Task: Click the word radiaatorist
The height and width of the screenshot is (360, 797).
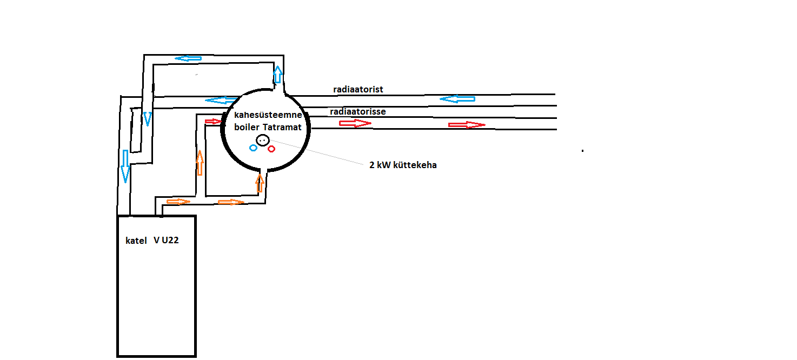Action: click(358, 89)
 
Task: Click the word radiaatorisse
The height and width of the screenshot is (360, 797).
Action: click(357, 112)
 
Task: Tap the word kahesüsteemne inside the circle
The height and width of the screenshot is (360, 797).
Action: click(268, 115)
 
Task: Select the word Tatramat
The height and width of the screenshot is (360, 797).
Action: click(282, 127)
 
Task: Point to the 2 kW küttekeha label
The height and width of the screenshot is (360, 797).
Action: click(403, 165)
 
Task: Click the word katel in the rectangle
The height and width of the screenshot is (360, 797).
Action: click(136, 241)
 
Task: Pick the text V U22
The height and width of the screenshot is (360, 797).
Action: click(166, 240)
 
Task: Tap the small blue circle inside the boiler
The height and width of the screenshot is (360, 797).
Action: click(253, 148)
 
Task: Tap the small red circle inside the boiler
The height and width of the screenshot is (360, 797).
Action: click(271, 149)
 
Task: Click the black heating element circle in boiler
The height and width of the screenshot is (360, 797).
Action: click(262, 140)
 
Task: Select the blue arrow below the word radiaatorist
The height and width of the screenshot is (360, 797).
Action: click(457, 99)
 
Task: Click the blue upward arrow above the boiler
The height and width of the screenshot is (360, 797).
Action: click(277, 75)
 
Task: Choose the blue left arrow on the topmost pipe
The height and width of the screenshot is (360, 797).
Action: click(188, 58)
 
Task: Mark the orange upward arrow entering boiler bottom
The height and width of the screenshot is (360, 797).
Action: click(260, 183)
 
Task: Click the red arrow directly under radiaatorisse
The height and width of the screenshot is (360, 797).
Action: click(355, 123)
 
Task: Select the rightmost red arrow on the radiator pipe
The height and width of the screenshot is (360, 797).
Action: click(467, 125)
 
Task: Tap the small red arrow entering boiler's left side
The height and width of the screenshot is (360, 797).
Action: click(214, 121)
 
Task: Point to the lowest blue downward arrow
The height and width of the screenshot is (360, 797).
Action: click(125, 166)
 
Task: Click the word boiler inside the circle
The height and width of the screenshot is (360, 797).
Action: click(247, 127)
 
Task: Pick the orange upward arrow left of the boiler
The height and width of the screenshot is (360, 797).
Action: click(200, 163)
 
